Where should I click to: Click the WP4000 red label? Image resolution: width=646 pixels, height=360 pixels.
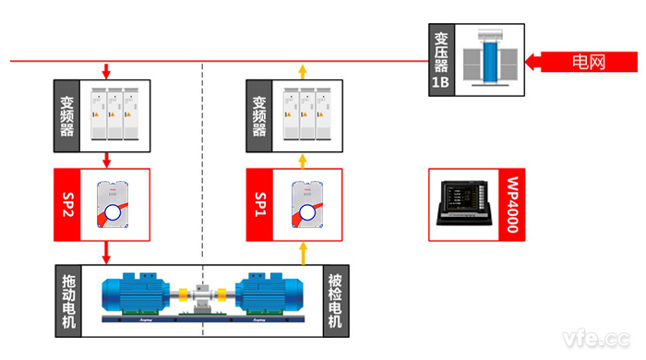coord(513,206)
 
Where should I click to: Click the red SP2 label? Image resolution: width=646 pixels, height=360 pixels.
coord(68,205)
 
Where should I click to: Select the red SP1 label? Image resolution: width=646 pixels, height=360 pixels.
coord(260,206)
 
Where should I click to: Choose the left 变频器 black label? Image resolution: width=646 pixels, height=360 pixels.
coord(68,116)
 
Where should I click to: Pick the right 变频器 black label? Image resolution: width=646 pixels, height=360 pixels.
coord(260,116)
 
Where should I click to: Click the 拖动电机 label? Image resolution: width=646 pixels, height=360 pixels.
coord(68,299)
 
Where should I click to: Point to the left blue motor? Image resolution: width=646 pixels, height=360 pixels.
coord(138,294)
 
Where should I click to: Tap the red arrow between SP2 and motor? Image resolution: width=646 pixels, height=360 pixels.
coord(107,252)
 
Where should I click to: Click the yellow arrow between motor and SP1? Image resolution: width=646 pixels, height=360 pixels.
coord(302,252)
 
